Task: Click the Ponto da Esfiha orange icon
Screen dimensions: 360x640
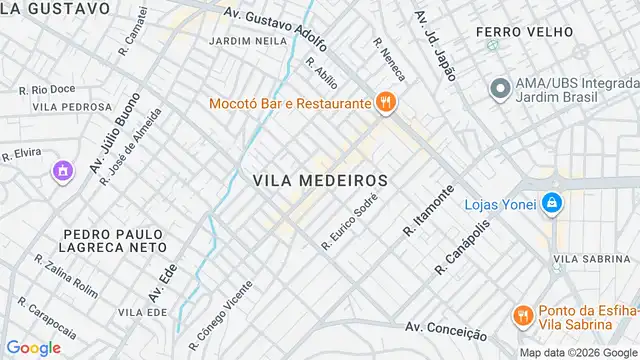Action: [521, 316]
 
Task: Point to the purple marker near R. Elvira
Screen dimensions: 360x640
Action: [63, 171]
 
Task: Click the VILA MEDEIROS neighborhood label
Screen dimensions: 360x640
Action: [320, 180]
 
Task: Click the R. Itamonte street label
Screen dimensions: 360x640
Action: [429, 211]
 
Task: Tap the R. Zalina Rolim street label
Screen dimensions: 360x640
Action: [67, 275]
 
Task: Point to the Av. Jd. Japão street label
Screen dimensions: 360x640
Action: [435, 46]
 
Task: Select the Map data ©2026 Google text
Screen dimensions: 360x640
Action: [577, 352]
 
